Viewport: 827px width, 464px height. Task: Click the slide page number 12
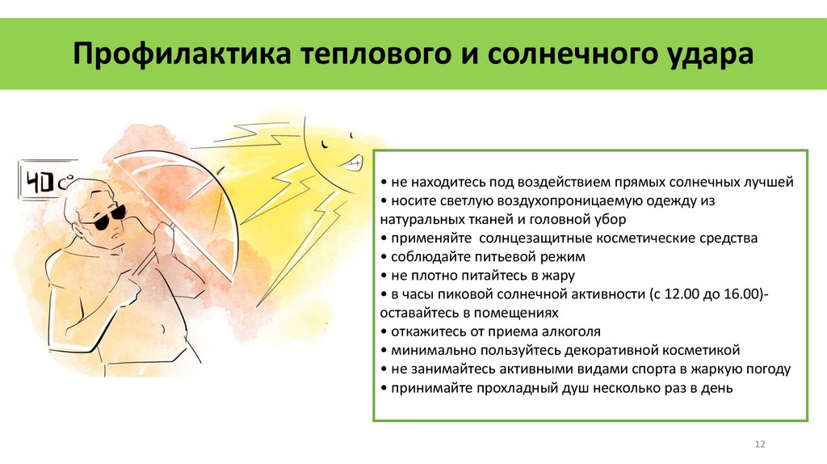[759, 444]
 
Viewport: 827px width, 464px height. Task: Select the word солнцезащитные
[536, 238]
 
